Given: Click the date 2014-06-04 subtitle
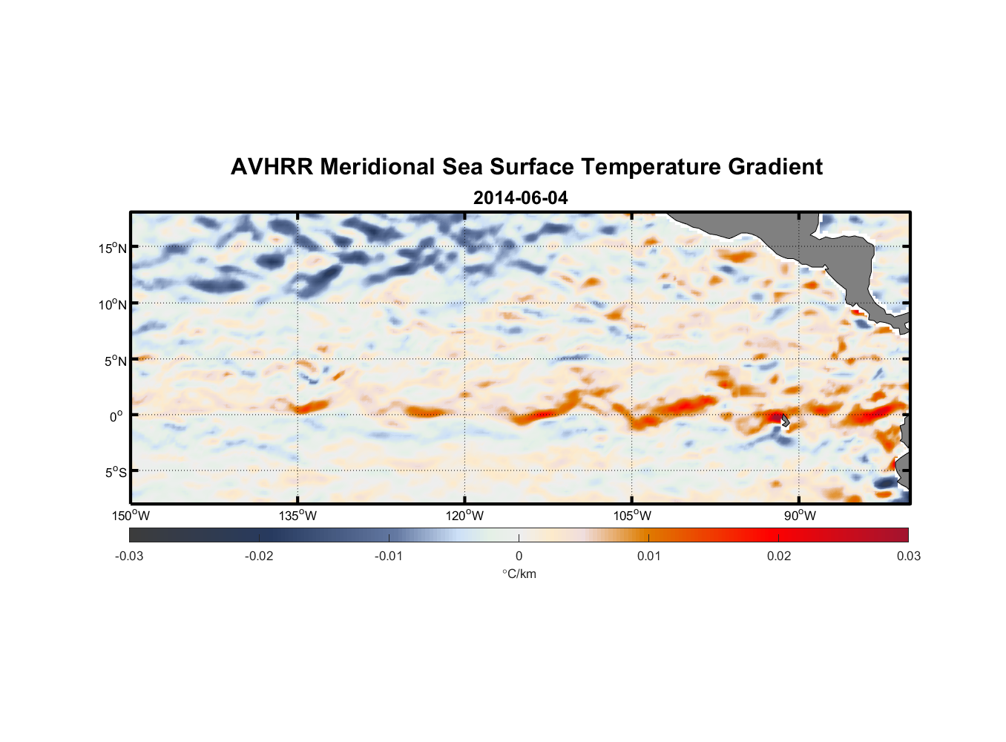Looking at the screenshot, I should [x=520, y=198].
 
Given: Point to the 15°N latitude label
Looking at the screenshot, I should [x=113, y=248].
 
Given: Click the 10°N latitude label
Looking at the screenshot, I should [x=113, y=304].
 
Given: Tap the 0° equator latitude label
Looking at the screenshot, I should [x=116, y=416].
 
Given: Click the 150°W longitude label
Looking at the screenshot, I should [x=131, y=516].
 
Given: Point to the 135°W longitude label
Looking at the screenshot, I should [x=298, y=516].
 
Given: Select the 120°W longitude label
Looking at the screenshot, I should [x=465, y=516].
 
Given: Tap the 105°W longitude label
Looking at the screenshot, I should [x=632, y=516].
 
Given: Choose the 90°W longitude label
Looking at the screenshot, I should [x=800, y=516].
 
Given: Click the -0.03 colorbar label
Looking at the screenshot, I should [x=129, y=556].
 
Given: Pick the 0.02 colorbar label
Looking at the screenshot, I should [x=779, y=556].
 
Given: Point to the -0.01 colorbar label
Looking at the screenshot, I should [x=389, y=556].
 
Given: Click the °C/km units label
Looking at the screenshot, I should [x=519, y=574].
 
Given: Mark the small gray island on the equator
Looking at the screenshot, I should [x=785, y=421].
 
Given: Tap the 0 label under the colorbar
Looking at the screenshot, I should [x=519, y=556].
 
